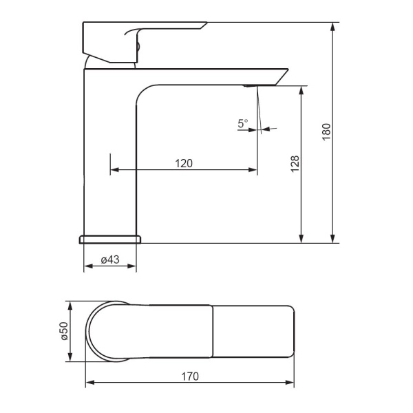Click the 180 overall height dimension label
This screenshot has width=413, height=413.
pos(326,131)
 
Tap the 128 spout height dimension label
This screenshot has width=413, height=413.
pos(295,164)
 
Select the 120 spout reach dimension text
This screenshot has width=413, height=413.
pos(184,164)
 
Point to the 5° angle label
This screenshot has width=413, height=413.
pos(242,123)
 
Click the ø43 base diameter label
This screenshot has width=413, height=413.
pos(110,260)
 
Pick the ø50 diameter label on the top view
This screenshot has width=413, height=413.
pos(65,331)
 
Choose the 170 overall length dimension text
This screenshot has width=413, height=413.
pos(190,377)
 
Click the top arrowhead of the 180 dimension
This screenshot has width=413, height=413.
pos(333,26)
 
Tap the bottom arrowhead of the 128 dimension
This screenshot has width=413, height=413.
pos(301,239)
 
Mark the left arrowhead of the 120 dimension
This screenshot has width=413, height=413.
pos(114,169)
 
